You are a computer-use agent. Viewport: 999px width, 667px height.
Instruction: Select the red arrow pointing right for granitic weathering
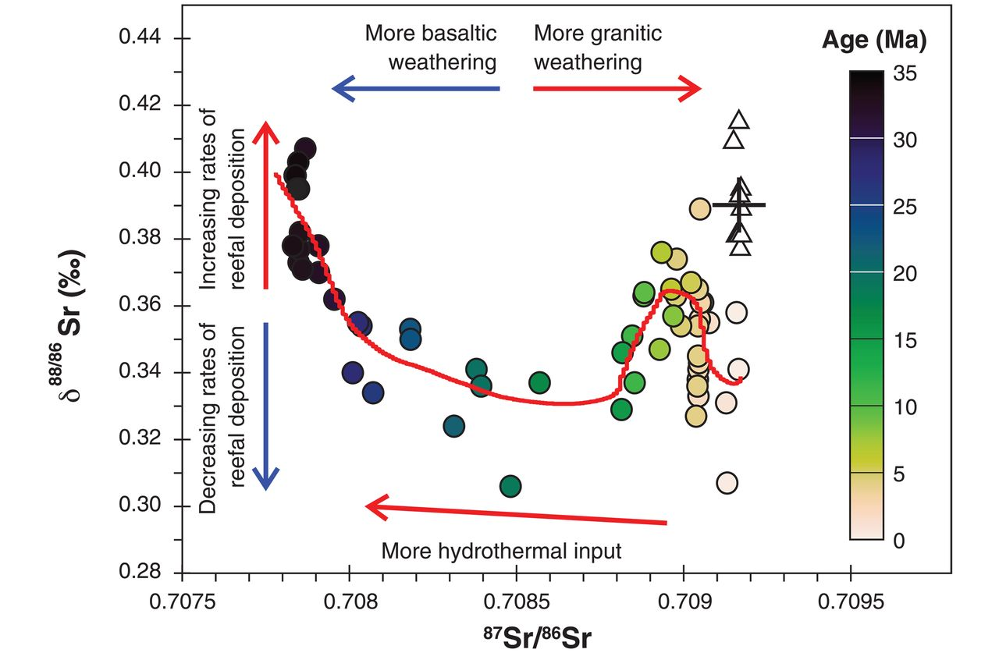617,89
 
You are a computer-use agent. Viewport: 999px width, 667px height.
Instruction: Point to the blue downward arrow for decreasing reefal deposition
266,406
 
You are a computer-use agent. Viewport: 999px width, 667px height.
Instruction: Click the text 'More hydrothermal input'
501,552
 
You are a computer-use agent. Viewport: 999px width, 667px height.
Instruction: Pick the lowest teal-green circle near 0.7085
510,487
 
